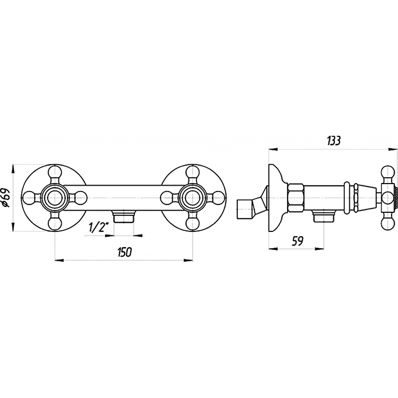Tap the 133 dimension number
click(x=333, y=140)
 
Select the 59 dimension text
click(x=298, y=241)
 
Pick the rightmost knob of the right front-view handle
click(x=219, y=198)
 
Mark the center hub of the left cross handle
click(x=55, y=198)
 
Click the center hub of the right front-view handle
click(x=193, y=198)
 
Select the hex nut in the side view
click(x=296, y=198)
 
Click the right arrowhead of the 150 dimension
click(x=189, y=259)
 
